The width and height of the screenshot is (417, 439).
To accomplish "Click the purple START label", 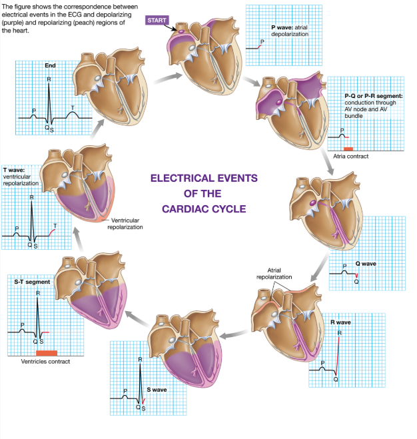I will (157, 21).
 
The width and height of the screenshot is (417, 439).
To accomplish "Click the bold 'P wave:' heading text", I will (284, 27).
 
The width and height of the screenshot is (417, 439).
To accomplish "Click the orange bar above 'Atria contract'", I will (347, 148).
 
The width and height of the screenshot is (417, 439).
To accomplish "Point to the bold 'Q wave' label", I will (366, 264).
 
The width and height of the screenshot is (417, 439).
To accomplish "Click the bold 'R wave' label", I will (340, 322).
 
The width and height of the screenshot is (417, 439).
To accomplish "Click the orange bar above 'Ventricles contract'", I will (47, 352).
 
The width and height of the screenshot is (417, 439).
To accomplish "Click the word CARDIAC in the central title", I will (200, 209).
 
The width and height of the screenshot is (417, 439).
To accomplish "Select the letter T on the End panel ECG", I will (73, 107).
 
